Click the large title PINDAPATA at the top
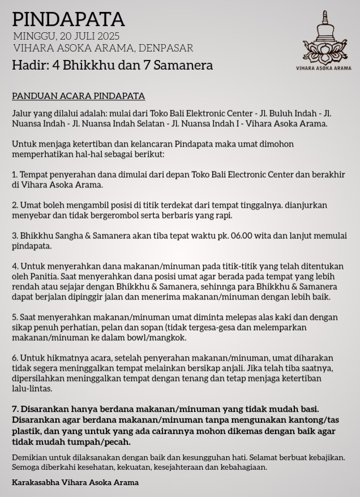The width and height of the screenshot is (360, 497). point(68,20)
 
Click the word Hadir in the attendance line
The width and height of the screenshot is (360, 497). point(29,65)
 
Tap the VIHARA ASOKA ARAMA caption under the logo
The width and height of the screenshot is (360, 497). point(324,68)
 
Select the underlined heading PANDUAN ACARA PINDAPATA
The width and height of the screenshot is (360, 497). point(78,96)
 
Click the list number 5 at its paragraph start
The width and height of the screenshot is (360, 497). point(15,317)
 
